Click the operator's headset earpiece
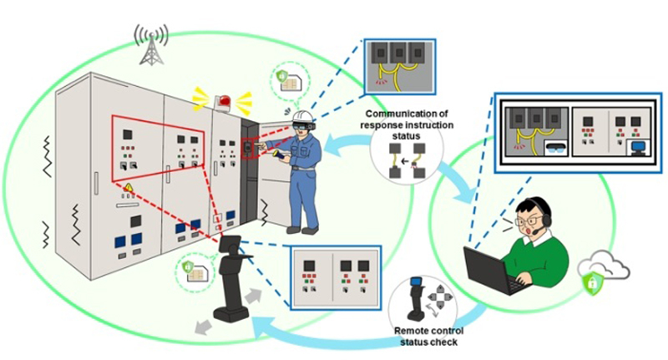coord(546,219)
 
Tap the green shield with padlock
coord(590,283)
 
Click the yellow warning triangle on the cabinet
coord(130,186)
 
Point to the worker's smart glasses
coord(300,126)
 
